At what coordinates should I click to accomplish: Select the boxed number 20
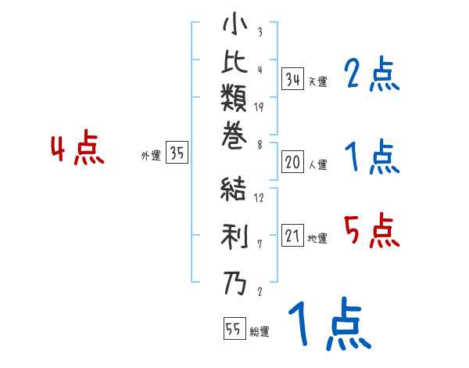pos(292,162)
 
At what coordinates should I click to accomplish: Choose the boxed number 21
pos(292,236)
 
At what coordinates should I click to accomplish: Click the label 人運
pos(317,165)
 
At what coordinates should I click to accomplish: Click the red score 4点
pos(77,150)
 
